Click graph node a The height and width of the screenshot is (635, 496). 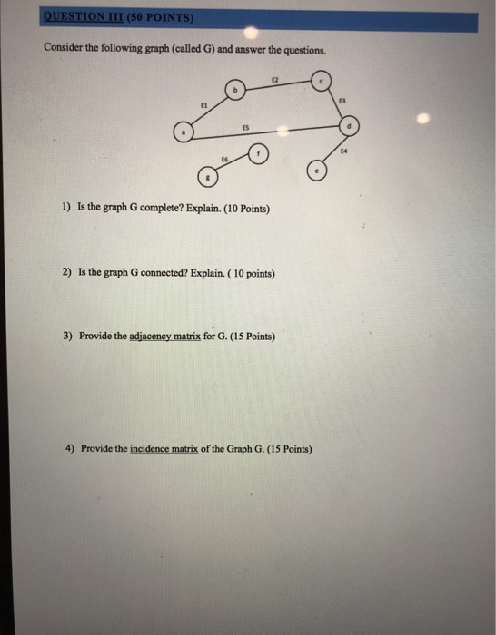[184, 132]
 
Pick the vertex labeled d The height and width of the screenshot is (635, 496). [350, 125]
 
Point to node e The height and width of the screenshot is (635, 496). [317, 171]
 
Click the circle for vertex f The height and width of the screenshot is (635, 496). [258, 153]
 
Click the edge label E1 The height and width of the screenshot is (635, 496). [204, 104]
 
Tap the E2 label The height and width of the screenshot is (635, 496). [274, 80]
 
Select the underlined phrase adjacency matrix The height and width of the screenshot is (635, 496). [164, 336]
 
